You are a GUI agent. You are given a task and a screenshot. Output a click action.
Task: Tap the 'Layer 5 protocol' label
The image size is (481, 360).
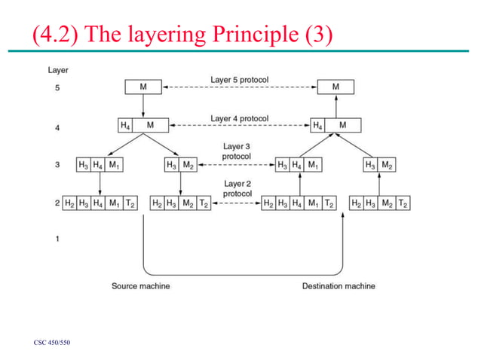click(239, 80)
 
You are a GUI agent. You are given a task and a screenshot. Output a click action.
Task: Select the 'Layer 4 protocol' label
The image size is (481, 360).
click(239, 119)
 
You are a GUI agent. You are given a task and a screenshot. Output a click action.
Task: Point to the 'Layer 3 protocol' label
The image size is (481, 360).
click(237, 151)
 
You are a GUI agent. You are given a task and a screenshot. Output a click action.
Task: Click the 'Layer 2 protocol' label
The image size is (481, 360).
click(237, 188)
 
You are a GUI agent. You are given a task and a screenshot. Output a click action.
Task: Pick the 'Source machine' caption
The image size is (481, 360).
click(141, 286)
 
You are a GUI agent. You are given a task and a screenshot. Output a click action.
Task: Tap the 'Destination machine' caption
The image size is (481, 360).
click(339, 286)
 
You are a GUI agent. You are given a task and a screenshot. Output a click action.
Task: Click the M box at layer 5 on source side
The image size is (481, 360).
click(143, 87)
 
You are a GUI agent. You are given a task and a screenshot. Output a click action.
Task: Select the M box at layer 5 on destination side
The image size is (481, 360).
click(335, 87)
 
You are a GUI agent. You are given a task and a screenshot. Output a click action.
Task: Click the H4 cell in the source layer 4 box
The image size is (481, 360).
click(126, 125)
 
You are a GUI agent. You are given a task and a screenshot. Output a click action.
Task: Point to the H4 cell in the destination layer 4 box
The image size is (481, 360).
click(319, 125)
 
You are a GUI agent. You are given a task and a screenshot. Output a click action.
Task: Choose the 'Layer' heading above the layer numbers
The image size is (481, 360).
click(58, 70)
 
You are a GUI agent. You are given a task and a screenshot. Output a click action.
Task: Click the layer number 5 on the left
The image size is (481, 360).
click(57, 88)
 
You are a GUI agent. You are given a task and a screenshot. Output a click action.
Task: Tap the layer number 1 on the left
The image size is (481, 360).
click(57, 239)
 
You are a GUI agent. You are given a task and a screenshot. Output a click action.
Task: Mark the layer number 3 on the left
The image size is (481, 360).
click(57, 165)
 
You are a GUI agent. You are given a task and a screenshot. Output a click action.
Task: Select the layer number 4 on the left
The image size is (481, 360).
click(57, 127)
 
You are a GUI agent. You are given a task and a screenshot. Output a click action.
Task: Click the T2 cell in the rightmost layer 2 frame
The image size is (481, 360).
click(403, 203)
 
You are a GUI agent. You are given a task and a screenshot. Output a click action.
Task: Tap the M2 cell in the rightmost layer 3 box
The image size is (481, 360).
click(387, 165)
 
